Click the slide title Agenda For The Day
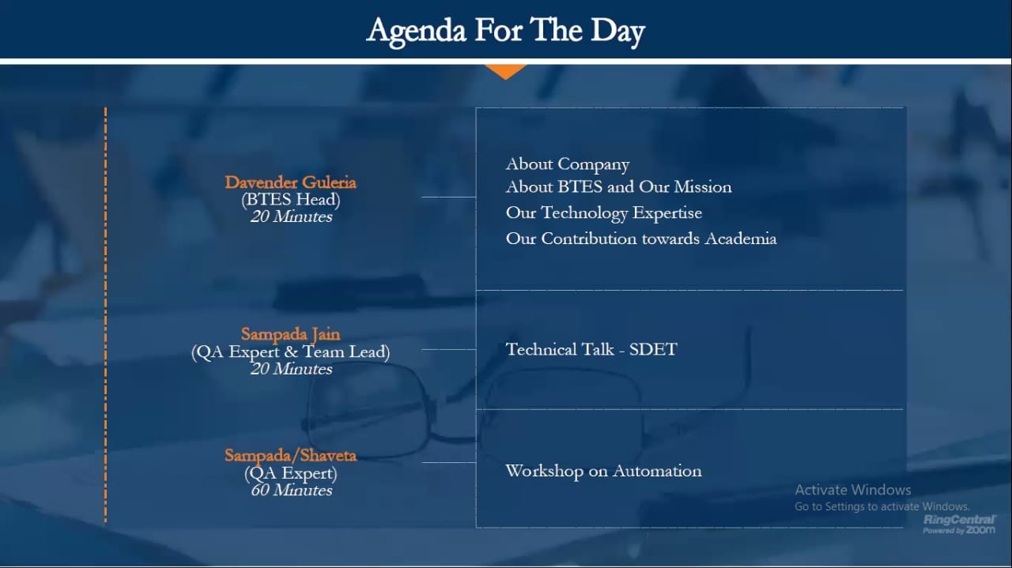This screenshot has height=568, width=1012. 505,31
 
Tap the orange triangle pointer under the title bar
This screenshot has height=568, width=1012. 506,71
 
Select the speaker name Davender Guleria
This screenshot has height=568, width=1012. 290,182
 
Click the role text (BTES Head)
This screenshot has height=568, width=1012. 290,200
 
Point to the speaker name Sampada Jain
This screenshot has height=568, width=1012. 290,335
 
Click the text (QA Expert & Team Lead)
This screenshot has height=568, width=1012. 290,352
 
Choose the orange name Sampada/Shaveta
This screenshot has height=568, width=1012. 290,456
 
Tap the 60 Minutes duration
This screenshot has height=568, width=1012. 292,491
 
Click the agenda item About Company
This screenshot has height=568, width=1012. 568,164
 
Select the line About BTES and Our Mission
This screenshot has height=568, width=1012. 618,187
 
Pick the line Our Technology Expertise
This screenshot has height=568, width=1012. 604,213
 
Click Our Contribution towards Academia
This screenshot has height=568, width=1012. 641,239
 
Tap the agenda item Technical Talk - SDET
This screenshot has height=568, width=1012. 591,349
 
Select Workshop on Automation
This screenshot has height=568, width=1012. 603,471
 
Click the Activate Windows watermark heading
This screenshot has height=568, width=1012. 852,490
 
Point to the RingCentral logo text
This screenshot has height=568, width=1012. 959,520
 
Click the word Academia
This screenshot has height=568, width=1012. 741,239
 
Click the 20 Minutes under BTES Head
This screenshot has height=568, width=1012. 292,216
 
